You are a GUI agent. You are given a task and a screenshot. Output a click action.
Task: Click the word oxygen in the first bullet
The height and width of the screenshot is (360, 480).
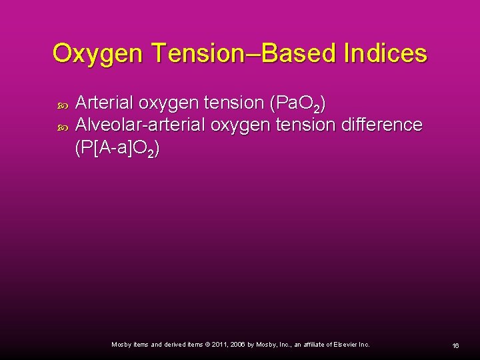[167, 103]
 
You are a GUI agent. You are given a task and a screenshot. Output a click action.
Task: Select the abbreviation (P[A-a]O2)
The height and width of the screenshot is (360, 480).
[117, 148]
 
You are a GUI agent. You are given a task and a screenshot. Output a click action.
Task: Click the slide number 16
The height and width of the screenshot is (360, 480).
[455, 345]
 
